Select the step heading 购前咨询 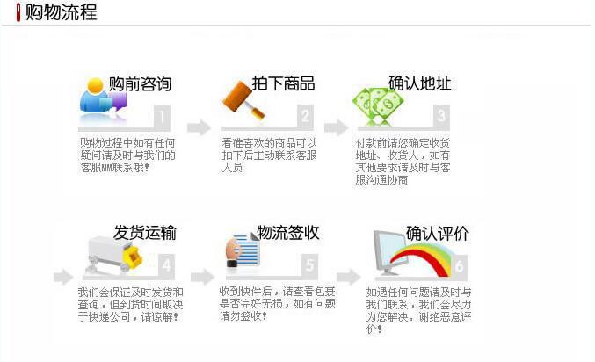pyautogui.click(x=140, y=84)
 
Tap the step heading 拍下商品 pyautogui.click(x=283, y=83)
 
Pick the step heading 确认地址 pyautogui.click(x=419, y=83)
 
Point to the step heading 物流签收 pyautogui.click(x=287, y=233)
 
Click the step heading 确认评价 pyautogui.click(x=437, y=233)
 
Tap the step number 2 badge pyautogui.click(x=305, y=116)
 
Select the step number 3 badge pyautogui.click(x=441, y=116)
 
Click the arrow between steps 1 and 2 pyautogui.click(x=200, y=127)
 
